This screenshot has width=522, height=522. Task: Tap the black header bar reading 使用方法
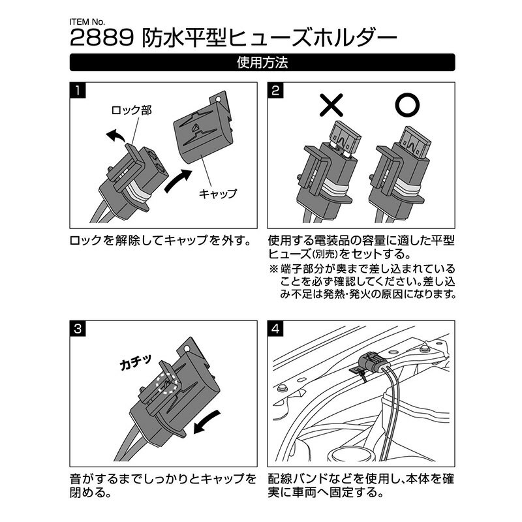[261, 63]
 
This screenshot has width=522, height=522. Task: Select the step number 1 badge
[78, 91]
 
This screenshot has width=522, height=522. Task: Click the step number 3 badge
[78, 328]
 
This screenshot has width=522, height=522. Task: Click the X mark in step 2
[333, 104]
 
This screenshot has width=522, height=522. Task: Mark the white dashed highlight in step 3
[168, 384]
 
